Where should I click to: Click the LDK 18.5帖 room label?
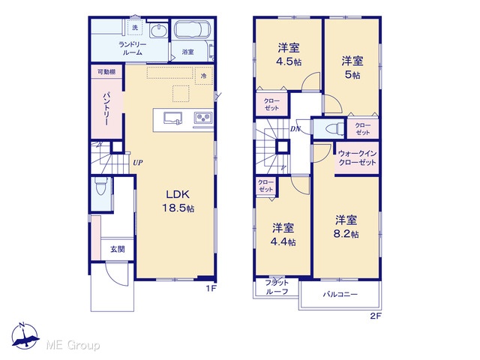click(178, 201)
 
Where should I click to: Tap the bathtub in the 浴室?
click(192, 30)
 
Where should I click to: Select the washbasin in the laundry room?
click(158, 31)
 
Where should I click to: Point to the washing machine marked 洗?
click(135, 28)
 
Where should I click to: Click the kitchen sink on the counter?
click(173, 118)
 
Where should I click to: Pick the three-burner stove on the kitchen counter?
click(203, 117)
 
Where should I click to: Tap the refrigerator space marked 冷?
click(204, 76)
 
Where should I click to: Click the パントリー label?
click(106, 109)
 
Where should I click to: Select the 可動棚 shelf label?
click(106, 72)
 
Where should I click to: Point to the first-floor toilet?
click(100, 186)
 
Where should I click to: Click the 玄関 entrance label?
click(118, 249)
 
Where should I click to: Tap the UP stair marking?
click(138, 163)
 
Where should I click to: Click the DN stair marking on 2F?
click(295, 129)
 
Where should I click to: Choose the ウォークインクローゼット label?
click(357, 158)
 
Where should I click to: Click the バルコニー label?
click(340, 295)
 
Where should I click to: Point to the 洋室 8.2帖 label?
click(346, 226)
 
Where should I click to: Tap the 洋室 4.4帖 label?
click(283, 235)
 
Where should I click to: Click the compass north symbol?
click(25, 336)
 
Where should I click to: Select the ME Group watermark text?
click(73, 345)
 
